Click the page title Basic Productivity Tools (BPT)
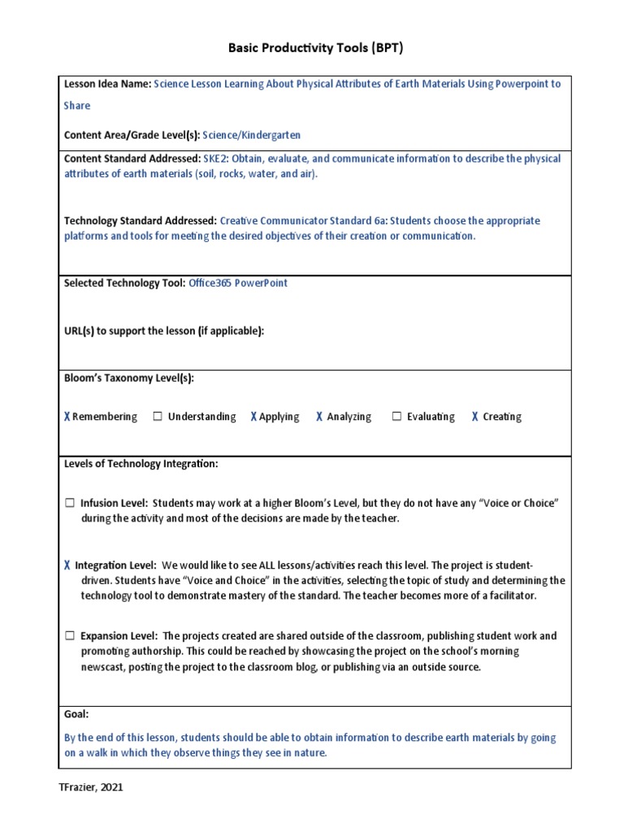314,48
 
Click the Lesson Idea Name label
107,84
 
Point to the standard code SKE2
214,158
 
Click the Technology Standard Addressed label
140,220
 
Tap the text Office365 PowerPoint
237,283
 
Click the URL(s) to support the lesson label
164,330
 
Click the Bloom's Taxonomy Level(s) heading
129,378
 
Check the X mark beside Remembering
67,417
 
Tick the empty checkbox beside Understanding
158,417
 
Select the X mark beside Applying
253,417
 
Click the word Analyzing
349,417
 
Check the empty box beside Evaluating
396,417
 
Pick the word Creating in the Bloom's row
501,417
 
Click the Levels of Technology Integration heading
141,464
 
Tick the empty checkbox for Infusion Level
70,504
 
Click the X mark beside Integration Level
67,565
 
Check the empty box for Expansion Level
70,635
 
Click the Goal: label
76,713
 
